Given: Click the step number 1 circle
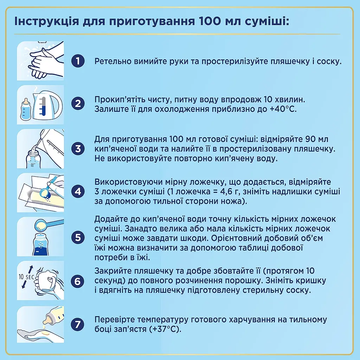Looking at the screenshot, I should click(78, 61).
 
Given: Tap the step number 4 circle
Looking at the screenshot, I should click(78, 192).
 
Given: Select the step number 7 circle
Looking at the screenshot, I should click(78, 324).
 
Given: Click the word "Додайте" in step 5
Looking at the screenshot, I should click(108, 219).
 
